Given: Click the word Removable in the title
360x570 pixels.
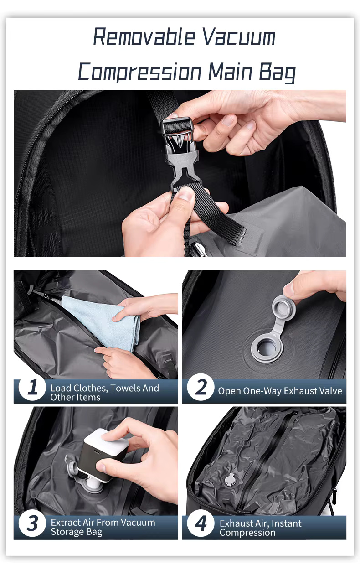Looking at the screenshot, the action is [144, 36].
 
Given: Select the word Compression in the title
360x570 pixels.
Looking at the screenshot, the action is [140, 72].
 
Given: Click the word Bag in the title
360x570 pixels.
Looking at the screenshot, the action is [278, 72].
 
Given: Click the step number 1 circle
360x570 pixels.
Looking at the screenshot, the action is [32, 387].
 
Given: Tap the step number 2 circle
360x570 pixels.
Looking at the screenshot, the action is [201, 387].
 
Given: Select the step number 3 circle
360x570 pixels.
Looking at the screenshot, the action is [32, 523].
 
